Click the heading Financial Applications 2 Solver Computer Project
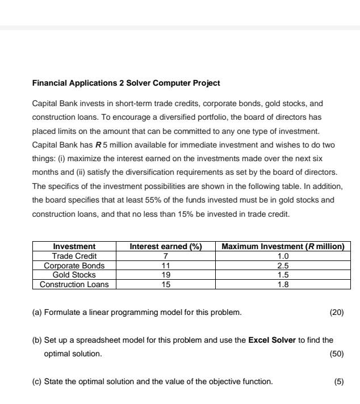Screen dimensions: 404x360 coord(126,83)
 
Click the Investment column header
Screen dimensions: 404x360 coord(74,246)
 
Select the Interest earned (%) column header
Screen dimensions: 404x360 coord(166,246)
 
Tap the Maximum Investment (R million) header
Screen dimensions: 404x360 coord(283,246)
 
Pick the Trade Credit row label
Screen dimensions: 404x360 coord(74,256)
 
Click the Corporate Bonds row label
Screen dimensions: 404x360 coord(74,265)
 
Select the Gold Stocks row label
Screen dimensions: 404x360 coord(74,275)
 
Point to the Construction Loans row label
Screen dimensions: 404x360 coord(74,284)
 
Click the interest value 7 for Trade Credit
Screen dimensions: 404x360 coord(166,256)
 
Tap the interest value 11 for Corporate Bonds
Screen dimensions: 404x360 coord(166,265)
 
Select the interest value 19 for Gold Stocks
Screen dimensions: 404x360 coord(166,275)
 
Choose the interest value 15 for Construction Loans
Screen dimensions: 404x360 coord(166,284)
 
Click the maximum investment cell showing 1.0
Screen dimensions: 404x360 coord(283,256)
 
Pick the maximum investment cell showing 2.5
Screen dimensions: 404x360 coord(283,265)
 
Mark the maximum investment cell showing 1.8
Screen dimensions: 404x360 coord(283,284)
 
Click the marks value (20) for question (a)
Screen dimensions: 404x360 coord(337,312)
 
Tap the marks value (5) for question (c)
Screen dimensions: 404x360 coord(339,381)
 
